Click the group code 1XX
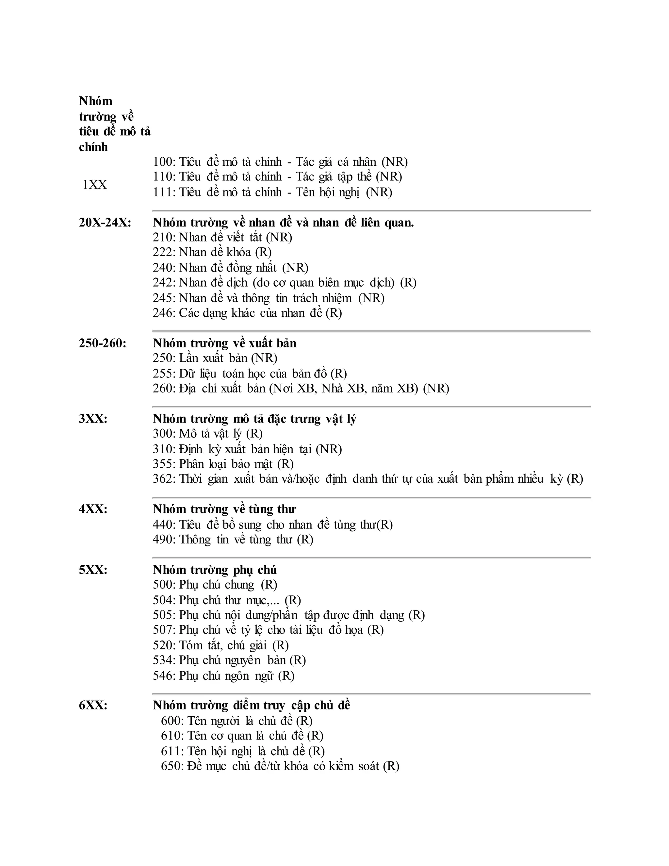click(94, 185)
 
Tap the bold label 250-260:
click(103, 343)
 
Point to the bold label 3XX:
click(93, 419)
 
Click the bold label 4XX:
click(93, 509)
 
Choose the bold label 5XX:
click(93, 570)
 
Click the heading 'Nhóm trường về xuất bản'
click(225, 343)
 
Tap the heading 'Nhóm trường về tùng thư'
click(224, 509)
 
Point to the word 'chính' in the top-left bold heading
click(93, 147)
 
